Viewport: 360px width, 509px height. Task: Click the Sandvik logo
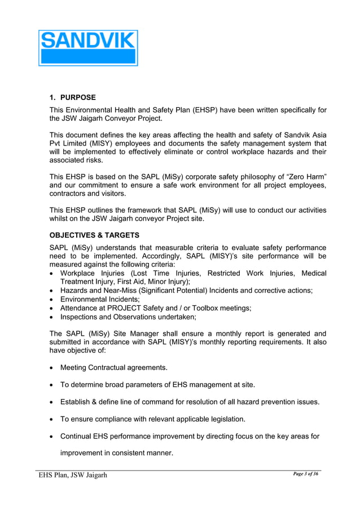click(x=88, y=48)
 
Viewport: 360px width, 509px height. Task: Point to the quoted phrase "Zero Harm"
click(x=305, y=176)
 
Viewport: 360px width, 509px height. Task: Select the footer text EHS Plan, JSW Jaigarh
click(x=73, y=475)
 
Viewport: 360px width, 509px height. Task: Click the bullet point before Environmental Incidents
click(x=52, y=300)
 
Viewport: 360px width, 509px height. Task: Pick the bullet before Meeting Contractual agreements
click(x=52, y=368)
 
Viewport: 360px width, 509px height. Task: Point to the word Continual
click(x=77, y=436)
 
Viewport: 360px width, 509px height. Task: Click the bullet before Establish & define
click(x=52, y=402)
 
